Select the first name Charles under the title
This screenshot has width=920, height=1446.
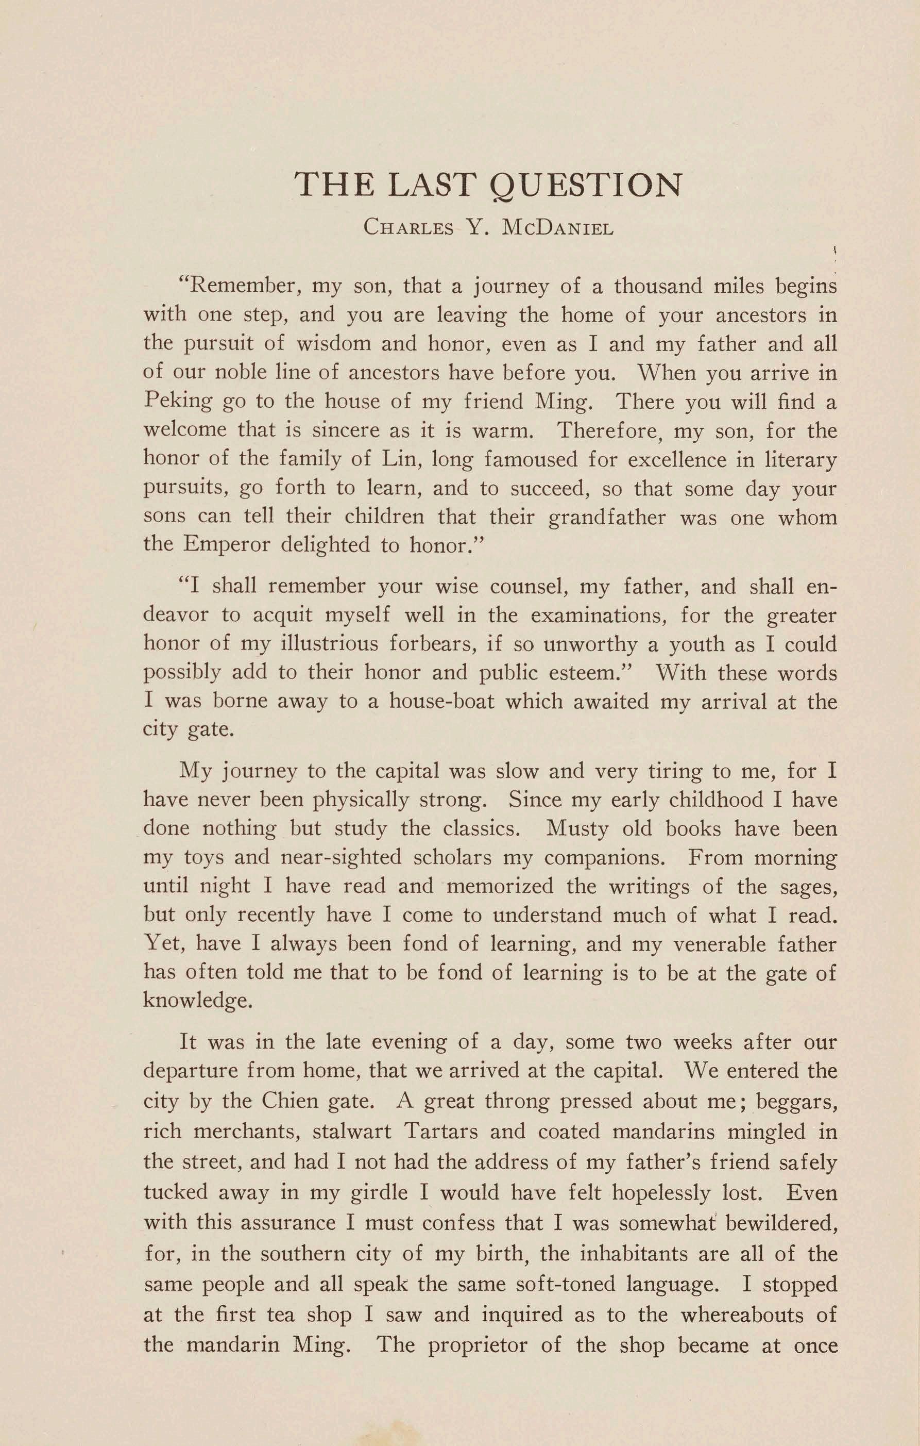pos(408,229)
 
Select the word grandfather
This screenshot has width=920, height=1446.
pos(607,517)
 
